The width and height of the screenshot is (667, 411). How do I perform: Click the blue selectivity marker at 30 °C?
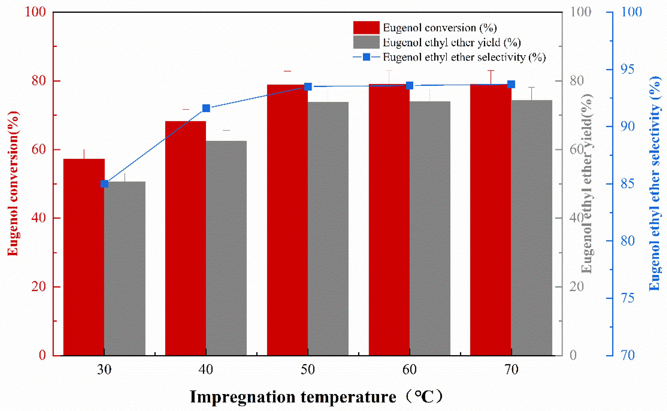104,184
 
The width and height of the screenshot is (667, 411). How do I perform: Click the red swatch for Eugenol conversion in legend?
366,27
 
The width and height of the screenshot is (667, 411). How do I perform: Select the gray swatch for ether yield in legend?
366,42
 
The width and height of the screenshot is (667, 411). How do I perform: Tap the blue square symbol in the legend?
366,57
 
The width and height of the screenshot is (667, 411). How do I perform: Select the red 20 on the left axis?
38,287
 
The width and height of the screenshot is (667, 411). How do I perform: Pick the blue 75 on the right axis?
627,298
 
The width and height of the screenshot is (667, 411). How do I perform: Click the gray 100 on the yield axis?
580,12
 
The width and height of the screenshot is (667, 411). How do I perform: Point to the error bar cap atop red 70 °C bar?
491,71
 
